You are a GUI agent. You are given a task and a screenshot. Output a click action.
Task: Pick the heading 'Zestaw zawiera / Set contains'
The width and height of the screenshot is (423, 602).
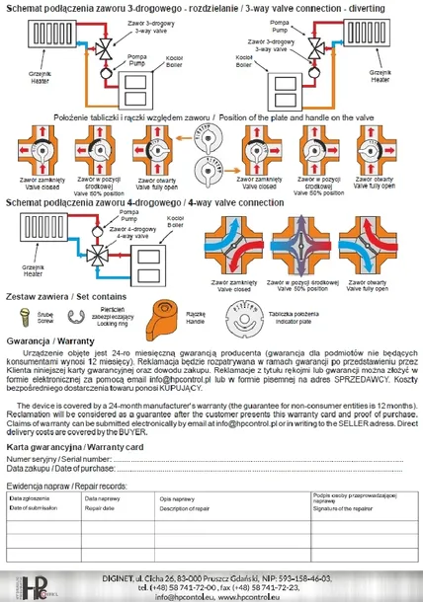coord(61,297)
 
